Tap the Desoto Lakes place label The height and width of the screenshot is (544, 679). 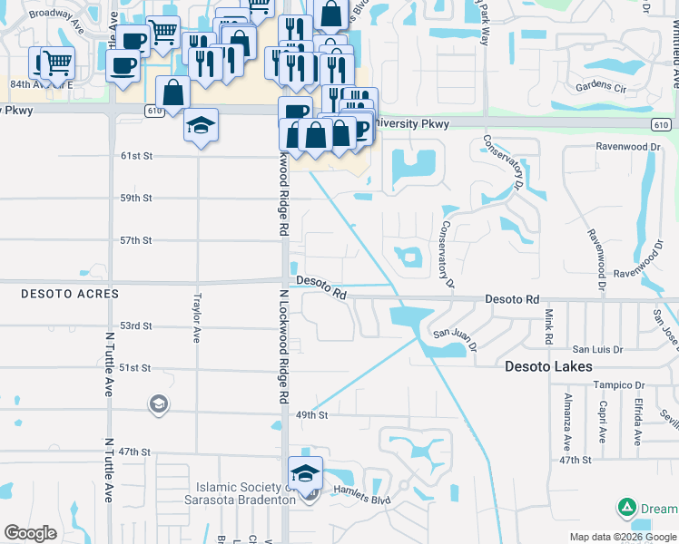548,366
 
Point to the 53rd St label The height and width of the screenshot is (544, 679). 135,325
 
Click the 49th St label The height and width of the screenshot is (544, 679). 310,414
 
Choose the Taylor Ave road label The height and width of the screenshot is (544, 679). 197,317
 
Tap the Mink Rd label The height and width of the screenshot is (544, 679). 549,326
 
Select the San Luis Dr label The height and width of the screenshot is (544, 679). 596,349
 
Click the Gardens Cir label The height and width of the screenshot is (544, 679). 601,87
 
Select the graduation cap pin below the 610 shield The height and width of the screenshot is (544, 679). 202,125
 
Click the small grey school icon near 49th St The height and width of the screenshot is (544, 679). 158,403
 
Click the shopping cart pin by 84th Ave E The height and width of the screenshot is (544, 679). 56,63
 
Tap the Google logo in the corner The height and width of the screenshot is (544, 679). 31,533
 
